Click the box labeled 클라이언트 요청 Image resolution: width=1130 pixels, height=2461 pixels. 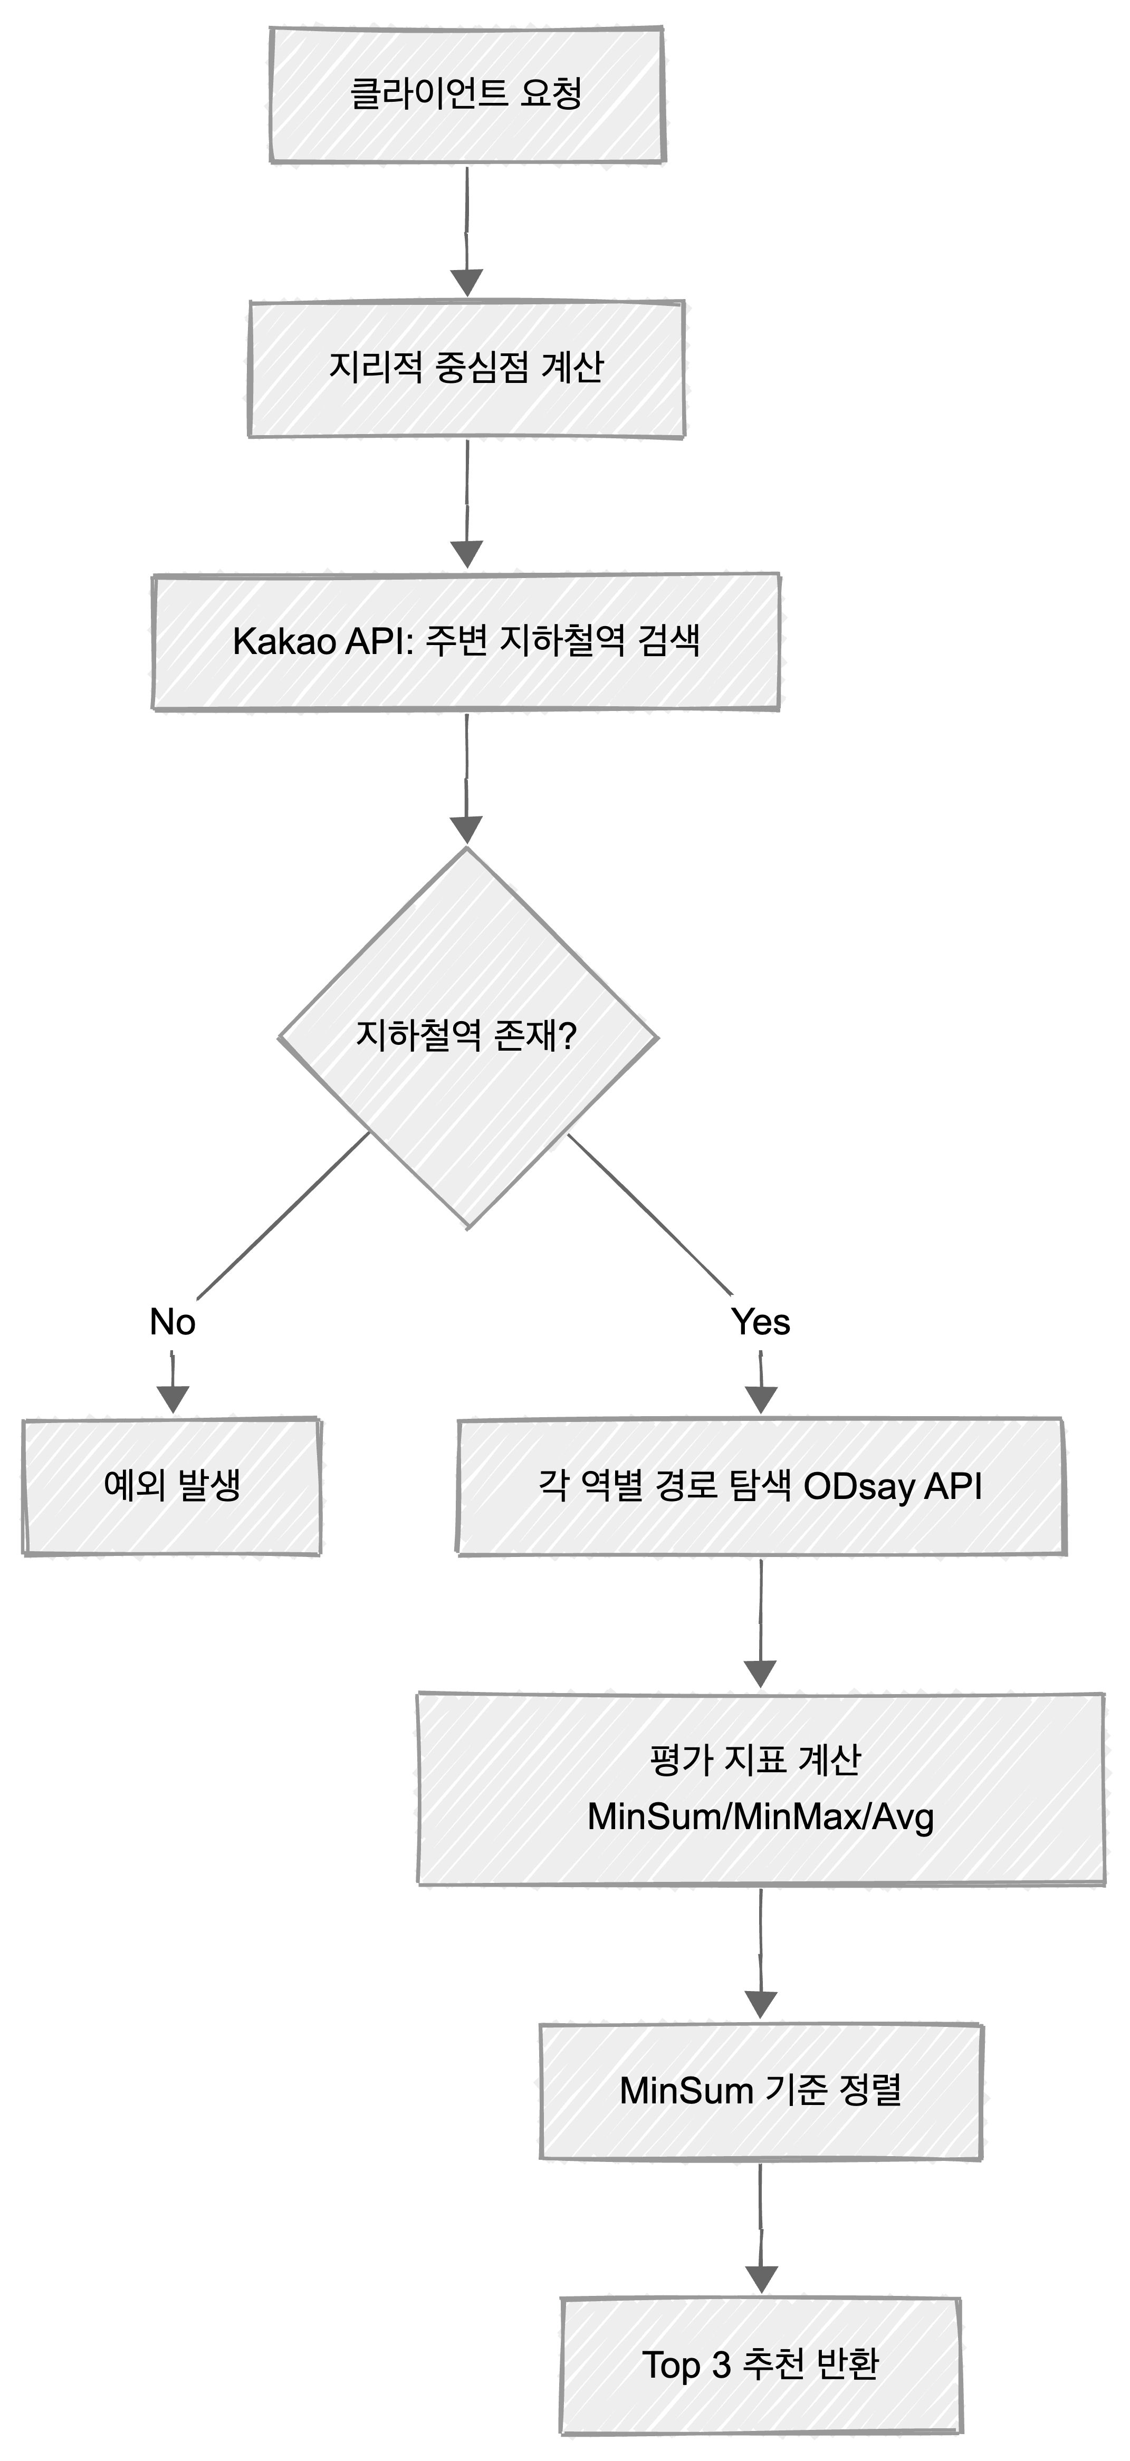click(x=467, y=94)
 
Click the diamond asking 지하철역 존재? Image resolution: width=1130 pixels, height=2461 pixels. click(x=467, y=1036)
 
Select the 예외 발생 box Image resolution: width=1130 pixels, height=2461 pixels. click(x=172, y=1486)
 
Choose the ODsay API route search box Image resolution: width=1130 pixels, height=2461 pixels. click(x=760, y=1486)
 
